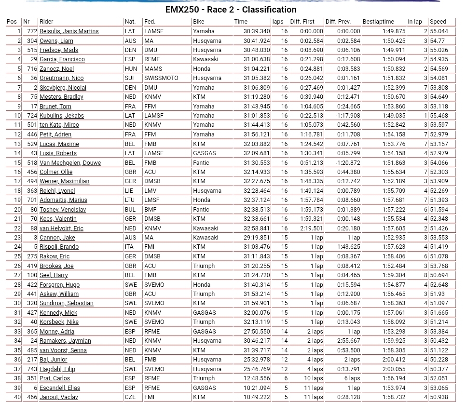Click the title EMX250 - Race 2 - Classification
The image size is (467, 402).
coord(231,10)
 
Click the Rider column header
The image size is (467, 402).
coord(46,22)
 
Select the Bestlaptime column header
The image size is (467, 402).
coord(378,22)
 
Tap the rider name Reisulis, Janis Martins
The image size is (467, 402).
coord(69,31)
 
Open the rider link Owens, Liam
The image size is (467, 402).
coord(56,41)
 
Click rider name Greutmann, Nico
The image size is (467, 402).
coord(61,78)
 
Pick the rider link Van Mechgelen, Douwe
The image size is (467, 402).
coord(70,163)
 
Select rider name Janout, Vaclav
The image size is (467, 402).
coord(58,397)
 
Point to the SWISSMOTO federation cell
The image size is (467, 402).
coord(161,78)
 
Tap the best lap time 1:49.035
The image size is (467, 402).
coord(394,116)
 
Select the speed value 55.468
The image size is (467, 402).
coord(439,116)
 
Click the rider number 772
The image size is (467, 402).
coord(32,31)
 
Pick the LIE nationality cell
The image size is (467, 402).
coord(130,191)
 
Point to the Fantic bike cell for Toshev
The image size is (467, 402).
coord(201,210)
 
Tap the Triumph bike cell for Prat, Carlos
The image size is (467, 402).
coord(204,378)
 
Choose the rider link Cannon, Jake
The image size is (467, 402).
coord(57,238)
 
